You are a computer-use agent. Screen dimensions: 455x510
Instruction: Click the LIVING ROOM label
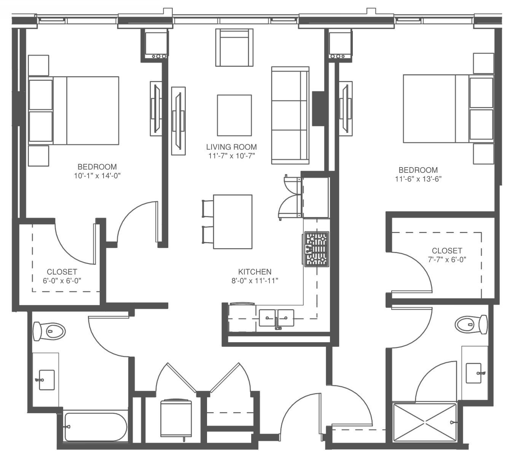[x=231, y=147]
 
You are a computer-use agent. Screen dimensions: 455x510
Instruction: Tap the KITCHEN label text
[x=255, y=272]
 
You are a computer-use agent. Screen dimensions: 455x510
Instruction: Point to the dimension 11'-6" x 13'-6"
[x=418, y=179]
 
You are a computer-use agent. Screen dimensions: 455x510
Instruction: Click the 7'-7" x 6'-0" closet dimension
[x=447, y=260]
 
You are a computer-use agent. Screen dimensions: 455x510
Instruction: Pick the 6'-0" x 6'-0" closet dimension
[x=62, y=281]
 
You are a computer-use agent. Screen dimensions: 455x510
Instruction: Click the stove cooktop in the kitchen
[x=316, y=249]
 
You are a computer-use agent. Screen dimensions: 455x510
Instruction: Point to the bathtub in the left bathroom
[x=95, y=426]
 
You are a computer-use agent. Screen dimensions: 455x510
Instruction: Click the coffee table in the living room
[x=234, y=115]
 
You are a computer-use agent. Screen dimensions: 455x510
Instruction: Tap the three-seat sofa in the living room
[x=290, y=115]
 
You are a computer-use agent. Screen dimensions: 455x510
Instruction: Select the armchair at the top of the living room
[x=234, y=48]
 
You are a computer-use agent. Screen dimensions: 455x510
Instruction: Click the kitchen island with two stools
[x=233, y=222]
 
